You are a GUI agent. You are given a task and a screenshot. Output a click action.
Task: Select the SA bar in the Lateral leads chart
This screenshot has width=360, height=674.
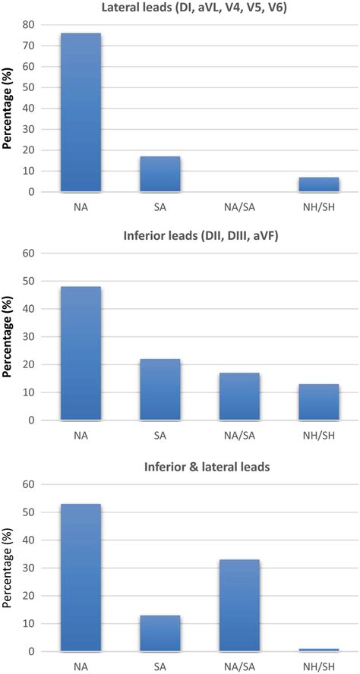click(160, 174)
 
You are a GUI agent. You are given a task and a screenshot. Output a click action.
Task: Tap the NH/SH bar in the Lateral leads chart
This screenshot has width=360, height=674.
click(318, 184)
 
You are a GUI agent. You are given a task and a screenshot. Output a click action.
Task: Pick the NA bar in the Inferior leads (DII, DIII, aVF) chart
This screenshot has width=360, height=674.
click(81, 353)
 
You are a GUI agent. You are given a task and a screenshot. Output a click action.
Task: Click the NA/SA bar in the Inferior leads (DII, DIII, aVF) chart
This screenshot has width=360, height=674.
click(239, 396)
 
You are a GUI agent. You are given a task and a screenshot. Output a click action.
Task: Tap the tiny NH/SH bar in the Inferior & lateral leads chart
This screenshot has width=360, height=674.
click(318, 650)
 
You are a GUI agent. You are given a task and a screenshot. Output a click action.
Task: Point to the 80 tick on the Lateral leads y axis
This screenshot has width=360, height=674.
click(30, 24)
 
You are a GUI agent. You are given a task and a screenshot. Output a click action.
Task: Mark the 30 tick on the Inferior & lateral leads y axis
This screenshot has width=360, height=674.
click(30, 568)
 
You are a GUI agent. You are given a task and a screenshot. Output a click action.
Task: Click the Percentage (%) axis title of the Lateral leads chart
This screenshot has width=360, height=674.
click(8, 109)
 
